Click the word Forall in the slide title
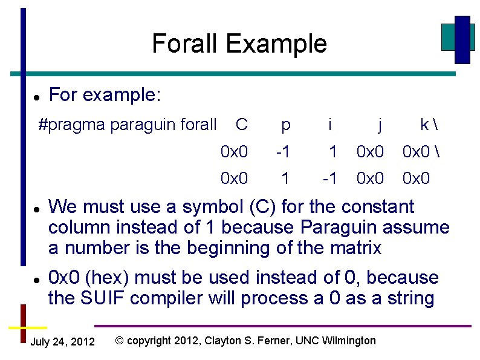pyautogui.click(x=185, y=44)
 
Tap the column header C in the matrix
pyautogui.click(x=241, y=125)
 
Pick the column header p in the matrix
pyautogui.click(x=285, y=125)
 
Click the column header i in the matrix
pyautogui.click(x=329, y=125)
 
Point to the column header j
pyautogui.click(x=379, y=125)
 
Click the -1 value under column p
pyautogui.click(x=284, y=152)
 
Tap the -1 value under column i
pyautogui.click(x=329, y=178)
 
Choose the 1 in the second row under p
pyautogui.click(x=285, y=178)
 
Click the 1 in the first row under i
pyautogui.click(x=332, y=152)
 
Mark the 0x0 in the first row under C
pyautogui.click(x=235, y=152)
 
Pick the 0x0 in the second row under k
pyautogui.click(x=416, y=178)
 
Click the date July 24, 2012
pyautogui.click(x=62, y=342)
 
